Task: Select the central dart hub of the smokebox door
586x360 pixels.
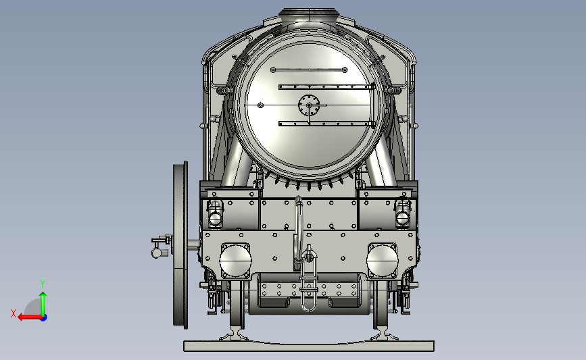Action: (x=309, y=105)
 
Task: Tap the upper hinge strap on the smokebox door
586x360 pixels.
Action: (x=326, y=86)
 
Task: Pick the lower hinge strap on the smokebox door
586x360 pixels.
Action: (x=326, y=124)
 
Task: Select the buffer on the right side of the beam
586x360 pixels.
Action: (x=383, y=260)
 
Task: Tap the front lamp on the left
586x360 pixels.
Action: (x=215, y=212)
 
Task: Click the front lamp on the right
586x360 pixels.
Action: (x=404, y=212)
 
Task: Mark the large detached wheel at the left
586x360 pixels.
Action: (x=180, y=245)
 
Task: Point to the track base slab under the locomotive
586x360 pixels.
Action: (x=308, y=346)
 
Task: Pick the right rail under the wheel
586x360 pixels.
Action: (x=383, y=335)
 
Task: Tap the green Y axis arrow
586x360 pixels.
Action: (x=43, y=303)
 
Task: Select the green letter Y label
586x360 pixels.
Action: (x=42, y=284)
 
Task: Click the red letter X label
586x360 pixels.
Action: (x=13, y=313)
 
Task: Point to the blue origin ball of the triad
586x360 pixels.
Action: (x=43, y=317)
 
